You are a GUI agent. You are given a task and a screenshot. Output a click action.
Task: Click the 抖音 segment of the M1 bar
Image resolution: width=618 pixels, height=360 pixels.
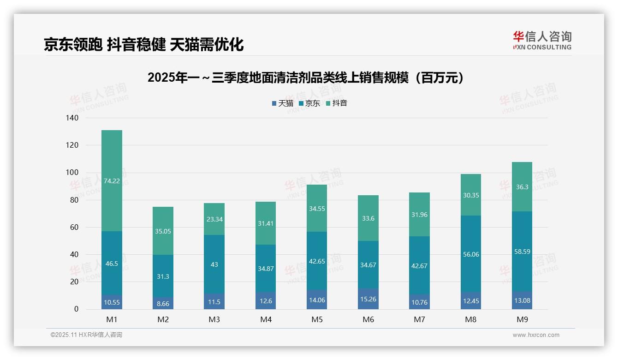112,180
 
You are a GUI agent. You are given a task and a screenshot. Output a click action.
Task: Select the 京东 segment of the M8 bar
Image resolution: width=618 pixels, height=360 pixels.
470,254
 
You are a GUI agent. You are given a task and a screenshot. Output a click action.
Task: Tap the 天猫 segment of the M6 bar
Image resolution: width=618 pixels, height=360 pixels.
368,299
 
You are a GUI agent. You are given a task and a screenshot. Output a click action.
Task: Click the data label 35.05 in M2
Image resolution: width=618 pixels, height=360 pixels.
163,231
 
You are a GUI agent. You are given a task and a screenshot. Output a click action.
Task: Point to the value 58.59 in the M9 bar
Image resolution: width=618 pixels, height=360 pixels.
522,252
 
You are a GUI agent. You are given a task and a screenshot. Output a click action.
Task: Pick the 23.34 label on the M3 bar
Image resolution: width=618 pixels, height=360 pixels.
214,219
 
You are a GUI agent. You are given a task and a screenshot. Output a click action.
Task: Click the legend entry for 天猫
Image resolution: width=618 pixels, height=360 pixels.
282,103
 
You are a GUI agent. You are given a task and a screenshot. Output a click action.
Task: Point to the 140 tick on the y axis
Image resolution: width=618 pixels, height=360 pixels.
72,118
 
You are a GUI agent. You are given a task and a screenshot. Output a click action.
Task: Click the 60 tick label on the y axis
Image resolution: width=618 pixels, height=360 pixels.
74,227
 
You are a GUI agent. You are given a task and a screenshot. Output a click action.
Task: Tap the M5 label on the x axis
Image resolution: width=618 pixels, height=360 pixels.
317,319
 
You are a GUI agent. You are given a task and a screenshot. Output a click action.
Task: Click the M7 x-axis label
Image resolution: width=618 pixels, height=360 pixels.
419,319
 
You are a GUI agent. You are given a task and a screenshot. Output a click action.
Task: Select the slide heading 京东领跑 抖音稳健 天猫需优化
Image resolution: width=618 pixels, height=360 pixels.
143,44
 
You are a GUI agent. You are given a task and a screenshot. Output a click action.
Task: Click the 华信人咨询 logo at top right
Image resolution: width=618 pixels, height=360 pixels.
542,40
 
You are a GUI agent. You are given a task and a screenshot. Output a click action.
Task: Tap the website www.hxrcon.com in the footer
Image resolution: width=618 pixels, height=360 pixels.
536,335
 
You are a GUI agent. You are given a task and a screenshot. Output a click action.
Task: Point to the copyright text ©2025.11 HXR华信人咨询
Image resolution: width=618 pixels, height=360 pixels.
86,335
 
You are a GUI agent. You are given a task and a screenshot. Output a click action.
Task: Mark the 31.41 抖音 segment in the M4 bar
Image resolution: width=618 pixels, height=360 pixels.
266,223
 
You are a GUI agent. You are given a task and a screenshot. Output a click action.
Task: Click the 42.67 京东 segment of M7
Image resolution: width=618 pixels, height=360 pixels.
419,265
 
